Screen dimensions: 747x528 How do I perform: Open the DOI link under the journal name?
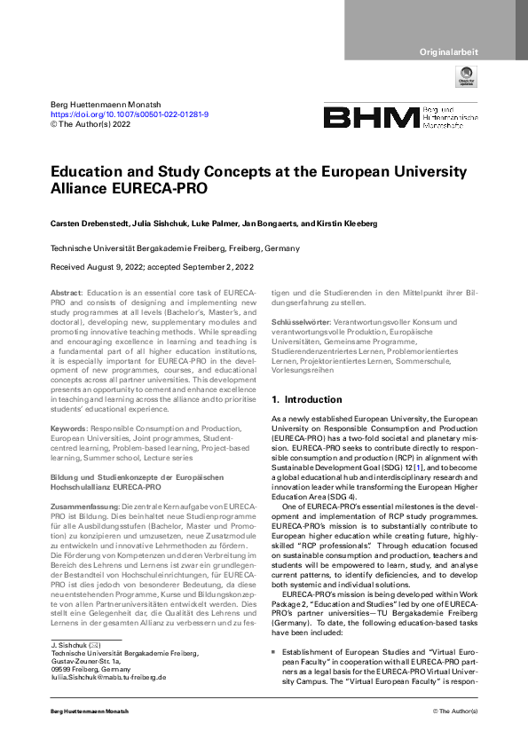[x=130, y=115]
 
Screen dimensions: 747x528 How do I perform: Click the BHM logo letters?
[x=370, y=118]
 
